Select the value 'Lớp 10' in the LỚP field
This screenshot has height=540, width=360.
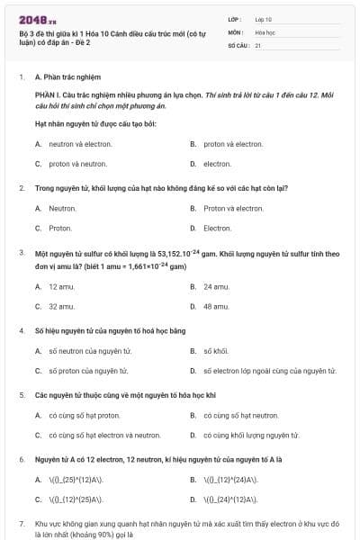pos(264,19)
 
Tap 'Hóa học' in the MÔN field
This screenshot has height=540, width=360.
pos(265,31)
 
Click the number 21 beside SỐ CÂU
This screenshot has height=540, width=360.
pos(258,44)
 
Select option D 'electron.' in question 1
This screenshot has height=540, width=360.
pos(217,164)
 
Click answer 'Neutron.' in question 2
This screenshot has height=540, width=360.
pos(62,208)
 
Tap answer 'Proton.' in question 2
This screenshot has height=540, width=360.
pos(60,228)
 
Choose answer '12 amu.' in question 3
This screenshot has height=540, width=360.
pos(61,286)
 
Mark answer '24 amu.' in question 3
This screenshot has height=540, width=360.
pos(216,286)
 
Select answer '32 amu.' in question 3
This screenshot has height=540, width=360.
pos(61,306)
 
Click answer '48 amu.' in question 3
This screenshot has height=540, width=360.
pos(216,306)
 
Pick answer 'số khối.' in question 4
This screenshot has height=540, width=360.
pos(216,350)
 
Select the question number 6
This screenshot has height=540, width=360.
pos(22,459)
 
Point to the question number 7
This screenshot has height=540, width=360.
pos(22,523)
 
